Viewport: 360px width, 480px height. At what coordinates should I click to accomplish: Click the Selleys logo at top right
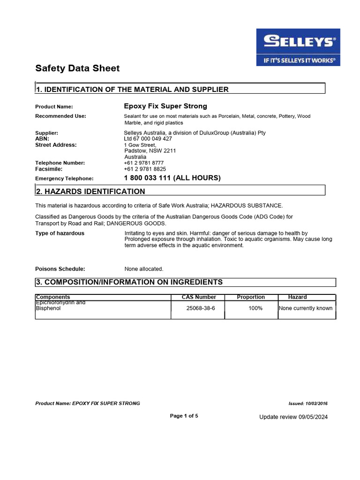pos(298,47)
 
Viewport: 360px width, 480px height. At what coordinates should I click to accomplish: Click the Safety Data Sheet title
pos(77,68)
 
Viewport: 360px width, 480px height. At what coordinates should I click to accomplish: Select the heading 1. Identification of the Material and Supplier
pos(133,89)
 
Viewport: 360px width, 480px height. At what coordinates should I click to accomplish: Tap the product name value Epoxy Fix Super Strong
pos(165,106)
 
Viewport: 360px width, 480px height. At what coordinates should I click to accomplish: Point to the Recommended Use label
pos(60,116)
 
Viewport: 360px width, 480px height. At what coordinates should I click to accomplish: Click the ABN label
pos(42,139)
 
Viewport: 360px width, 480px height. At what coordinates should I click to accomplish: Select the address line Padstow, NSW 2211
pos(150,151)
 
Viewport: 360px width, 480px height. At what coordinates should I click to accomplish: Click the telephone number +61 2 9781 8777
pos(144,163)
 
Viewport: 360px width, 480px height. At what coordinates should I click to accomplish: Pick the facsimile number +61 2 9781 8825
pos(145,169)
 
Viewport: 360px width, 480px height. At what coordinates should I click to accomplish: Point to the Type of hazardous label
pos(60,233)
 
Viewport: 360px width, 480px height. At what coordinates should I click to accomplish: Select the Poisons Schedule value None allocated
pos(144,269)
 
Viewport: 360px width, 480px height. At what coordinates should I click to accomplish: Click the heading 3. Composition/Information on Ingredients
pos(129,282)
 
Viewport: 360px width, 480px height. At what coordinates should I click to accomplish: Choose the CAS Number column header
pos(199,297)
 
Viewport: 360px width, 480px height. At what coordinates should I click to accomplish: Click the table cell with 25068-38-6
pos(201,308)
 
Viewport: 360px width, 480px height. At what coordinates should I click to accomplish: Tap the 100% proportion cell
pos(255,308)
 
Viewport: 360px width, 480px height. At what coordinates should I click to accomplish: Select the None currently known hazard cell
pos(306,308)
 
